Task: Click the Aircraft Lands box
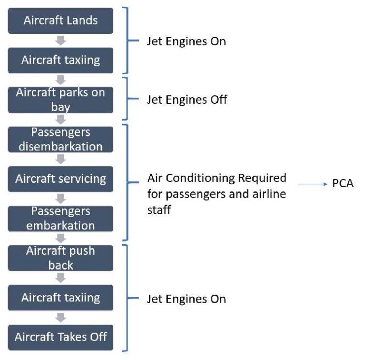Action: tap(60, 21)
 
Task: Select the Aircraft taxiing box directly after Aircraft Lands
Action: tap(60, 60)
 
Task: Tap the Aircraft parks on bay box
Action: tap(60, 99)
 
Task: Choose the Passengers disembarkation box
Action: tap(60, 139)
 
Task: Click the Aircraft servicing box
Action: tap(60, 179)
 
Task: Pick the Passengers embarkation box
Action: tap(60, 219)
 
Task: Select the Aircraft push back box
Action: tap(60, 258)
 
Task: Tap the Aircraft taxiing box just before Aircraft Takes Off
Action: tap(60, 298)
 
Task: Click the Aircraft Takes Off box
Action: tap(60, 337)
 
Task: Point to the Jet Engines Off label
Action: tap(186, 100)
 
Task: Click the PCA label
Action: tap(342, 184)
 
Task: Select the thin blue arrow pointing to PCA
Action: tap(312, 184)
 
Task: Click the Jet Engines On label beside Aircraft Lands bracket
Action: tap(186, 42)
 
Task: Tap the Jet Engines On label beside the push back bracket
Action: tap(186, 299)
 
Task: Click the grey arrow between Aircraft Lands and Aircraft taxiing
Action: tap(60, 41)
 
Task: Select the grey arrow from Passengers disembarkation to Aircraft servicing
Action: tap(60, 159)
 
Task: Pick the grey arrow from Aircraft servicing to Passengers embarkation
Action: tap(60, 199)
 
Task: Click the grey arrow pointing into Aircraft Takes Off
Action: tap(60, 318)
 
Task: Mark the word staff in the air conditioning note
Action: tap(159, 210)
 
